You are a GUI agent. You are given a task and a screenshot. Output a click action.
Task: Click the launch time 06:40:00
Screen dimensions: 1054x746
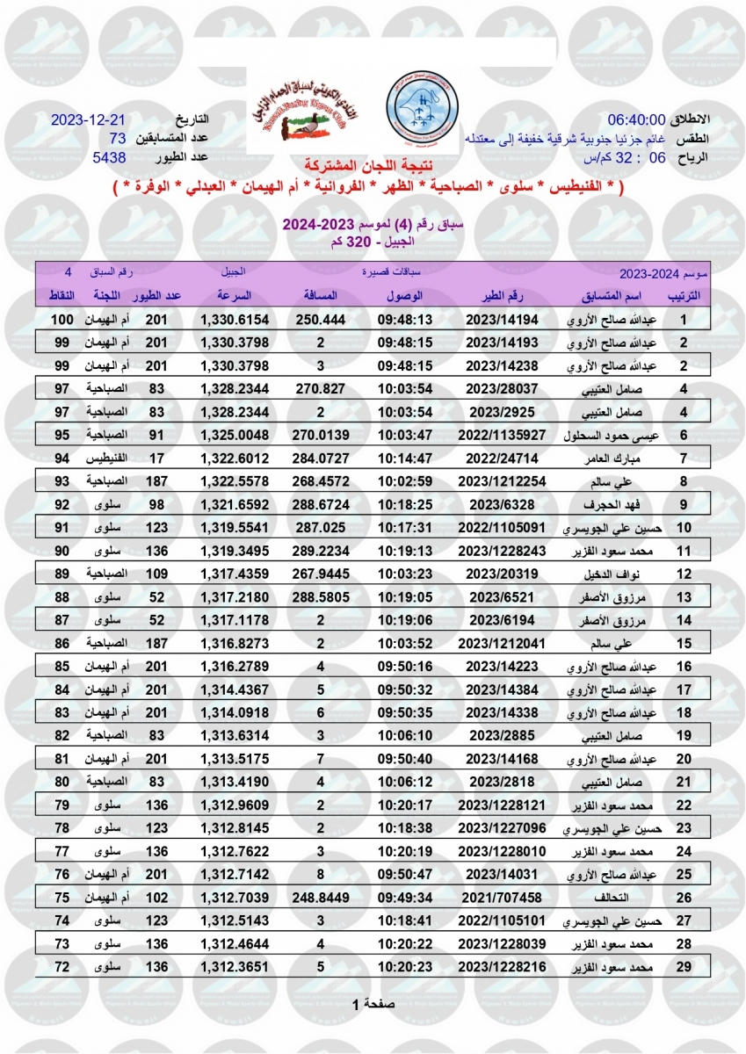637,119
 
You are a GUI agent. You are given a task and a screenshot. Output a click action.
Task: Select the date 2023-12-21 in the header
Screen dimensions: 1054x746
89,119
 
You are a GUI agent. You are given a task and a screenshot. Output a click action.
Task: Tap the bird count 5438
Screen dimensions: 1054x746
110,158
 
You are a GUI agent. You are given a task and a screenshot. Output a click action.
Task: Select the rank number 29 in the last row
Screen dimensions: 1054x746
683,967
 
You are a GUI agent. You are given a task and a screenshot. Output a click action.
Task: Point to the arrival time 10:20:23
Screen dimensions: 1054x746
405,967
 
